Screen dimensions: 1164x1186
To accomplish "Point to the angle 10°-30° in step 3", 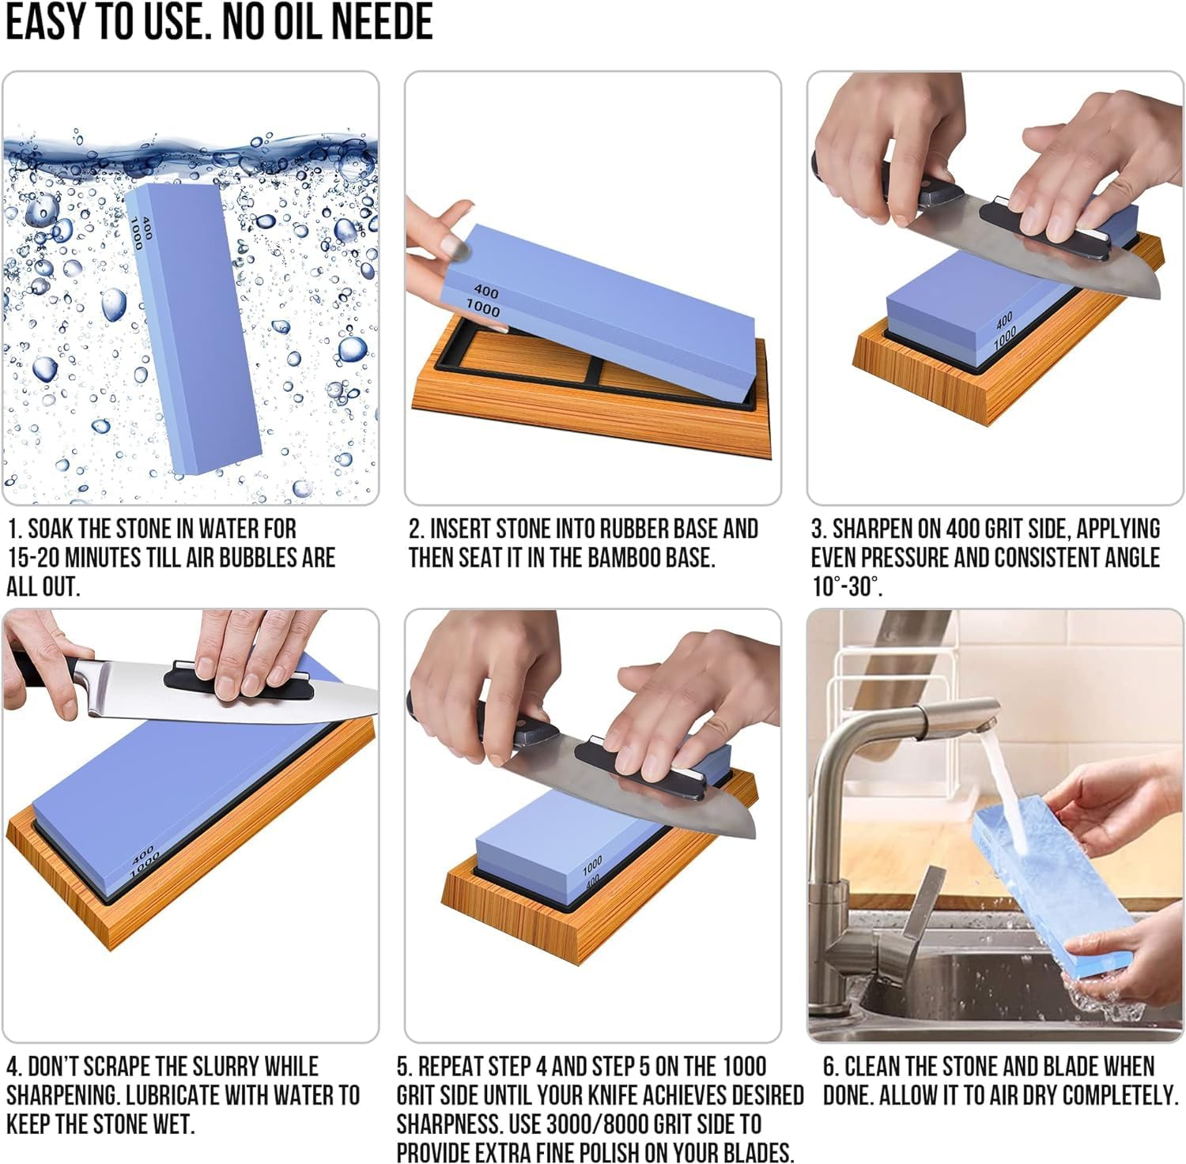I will (x=846, y=587).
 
